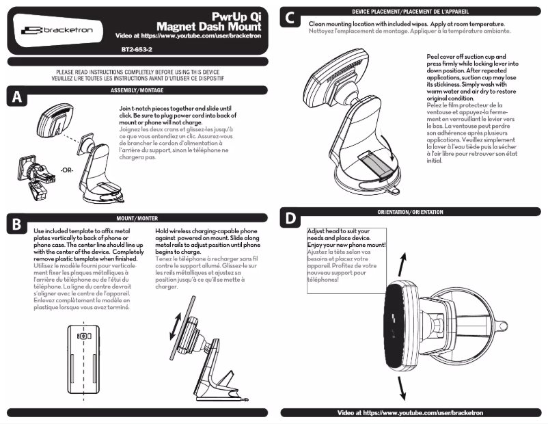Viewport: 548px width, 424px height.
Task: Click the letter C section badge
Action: click(x=290, y=19)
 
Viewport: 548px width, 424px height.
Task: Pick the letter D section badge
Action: click(x=290, y=219)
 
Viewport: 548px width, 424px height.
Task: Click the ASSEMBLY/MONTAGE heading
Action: click(x=137, y=90)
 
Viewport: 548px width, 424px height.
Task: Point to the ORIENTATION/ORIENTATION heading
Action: click(x=410, y=212)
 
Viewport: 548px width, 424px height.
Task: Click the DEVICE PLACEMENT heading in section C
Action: click(x=410, y=12)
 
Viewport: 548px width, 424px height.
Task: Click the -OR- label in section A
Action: click(x=68, y=170)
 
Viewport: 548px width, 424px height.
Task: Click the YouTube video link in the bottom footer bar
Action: click(x=410, y=413)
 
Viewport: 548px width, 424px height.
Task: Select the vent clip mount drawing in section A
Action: click(x=34, y=177)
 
